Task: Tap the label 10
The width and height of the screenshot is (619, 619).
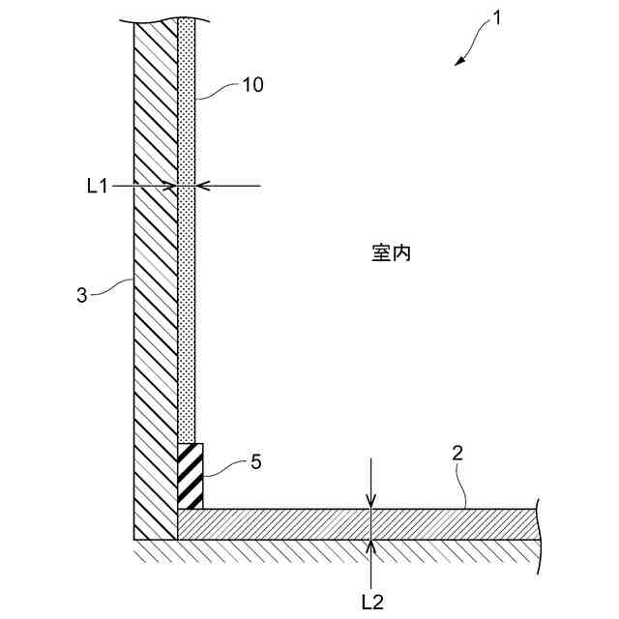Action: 251,85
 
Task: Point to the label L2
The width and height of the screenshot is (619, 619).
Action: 371,602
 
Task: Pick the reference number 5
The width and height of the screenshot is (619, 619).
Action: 255,462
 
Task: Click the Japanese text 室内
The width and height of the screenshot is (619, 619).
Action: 392,253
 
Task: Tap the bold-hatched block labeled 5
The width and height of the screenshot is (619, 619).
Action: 191,476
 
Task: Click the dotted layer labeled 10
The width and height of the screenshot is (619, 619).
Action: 187,290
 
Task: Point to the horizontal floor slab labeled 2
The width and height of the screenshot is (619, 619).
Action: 368,524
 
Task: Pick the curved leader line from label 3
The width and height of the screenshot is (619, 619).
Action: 114,284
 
